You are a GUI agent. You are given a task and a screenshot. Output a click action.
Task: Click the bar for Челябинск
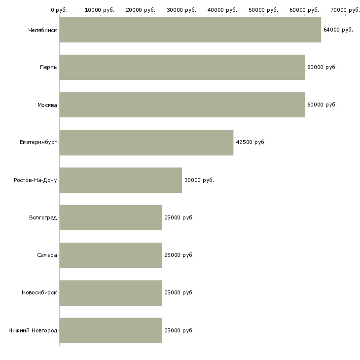[x=190, y=30]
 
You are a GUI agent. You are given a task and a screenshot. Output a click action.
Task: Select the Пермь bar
[x=182, y=67]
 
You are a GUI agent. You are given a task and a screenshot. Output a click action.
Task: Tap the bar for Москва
[x=182, y=105]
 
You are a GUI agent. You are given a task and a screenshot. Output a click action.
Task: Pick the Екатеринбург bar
[x=146, y=143]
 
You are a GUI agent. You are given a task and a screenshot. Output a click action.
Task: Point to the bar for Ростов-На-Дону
[x=120, y=180]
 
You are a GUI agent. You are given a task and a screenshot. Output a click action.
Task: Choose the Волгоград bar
[x=110, y=217]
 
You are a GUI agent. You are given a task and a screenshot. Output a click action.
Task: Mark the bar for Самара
[x=110, y=255]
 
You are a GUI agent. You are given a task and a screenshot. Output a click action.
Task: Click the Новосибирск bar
[x=110, y=292]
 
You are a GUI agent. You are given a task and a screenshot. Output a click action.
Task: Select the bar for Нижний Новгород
[x=110, y=330]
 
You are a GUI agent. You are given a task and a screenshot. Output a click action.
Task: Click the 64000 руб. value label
[x=338, y=30]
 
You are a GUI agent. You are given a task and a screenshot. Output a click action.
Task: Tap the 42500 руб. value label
[x=251, y=143]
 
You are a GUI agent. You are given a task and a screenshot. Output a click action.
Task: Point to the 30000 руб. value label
[x=199, y=180]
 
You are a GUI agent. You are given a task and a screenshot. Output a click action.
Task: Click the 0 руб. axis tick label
[x=59, y=10]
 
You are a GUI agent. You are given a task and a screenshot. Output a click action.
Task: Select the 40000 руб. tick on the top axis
[x=222, y=10]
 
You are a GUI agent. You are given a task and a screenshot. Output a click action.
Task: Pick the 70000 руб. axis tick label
[x=345, y=10]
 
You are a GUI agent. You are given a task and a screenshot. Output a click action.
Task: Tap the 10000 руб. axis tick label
[x=100, y=10]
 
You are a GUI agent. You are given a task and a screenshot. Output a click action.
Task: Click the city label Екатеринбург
[x=38, y=143]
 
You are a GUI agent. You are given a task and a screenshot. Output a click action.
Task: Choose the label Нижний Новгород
[x=33, y=330]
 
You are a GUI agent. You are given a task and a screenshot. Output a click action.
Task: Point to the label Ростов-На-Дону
[x=36, y=180]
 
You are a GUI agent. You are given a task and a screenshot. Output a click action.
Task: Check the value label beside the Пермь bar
[x=322, y=67]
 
